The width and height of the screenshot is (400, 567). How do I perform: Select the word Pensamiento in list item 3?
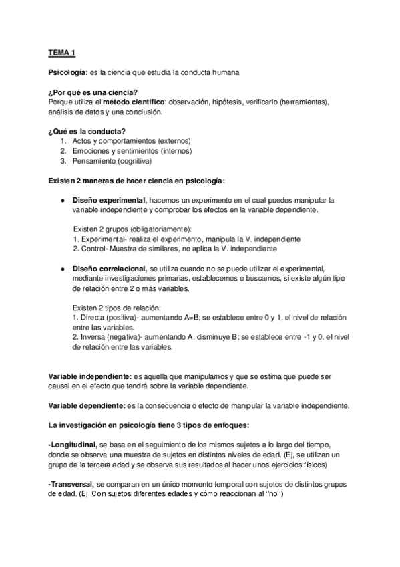point(95,161)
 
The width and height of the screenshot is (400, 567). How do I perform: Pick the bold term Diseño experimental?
point(109,201)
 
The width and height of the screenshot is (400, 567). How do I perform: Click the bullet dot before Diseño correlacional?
point(62,268)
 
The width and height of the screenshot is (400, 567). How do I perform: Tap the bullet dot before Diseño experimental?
point(62,201)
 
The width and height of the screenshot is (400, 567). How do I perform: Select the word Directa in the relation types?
point(93,318)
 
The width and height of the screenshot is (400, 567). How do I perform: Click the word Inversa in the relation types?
point(94,338)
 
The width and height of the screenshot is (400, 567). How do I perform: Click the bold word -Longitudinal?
point(73,445)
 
